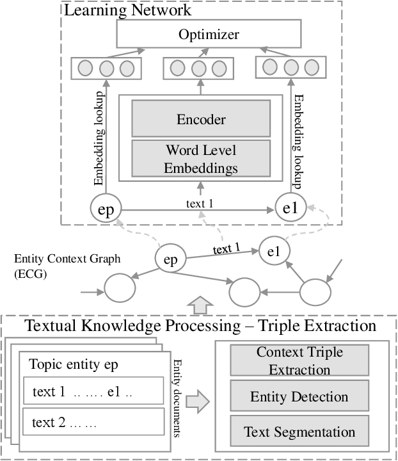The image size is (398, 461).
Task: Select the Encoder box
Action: pos(201,119)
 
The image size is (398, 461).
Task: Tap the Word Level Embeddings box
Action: pos(201,159)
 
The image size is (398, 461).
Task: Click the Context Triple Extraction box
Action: pos(299,360)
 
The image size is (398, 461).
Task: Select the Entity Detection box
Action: pos(299,397)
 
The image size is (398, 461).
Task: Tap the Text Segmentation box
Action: pos(299,431)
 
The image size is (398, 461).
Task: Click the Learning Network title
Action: pos(127,10)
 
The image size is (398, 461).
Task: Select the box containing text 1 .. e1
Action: pos(92,392)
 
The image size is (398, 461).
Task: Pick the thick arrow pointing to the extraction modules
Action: pos(197,402)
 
